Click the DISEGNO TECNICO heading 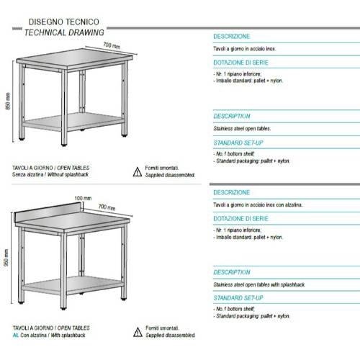pyautogui.click(x=64, y=22)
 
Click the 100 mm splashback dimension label pyautogui.click(x=83, y=198)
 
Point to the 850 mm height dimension pyautogui.click(x=8, y=101)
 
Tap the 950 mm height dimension pyautogui.click(x=6, y=258)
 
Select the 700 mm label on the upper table pyautogui.click(x=112, y=45)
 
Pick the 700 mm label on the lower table pyautogui.click(x=107, y=207)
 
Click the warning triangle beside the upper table pyautogui.click(x=138, y=172)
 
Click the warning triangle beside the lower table pyautogui.click(x=138, y=332)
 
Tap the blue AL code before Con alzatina pyautogui.click(x=15, y=335)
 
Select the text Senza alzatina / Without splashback pyautogui.click(x=50, y=174)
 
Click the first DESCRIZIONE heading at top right pyautogui.click(x=232, y=37)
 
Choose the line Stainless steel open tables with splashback pyautogui.click(x=259, y=284)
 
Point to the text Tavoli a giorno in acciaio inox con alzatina pyautogui.click(x=258, y=204)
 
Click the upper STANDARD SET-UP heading pyautogui.click(x=238, y=143)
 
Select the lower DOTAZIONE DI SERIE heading pyautogui.click(x=240, y=219)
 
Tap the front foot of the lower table pyautogui.click(x=63, y=308)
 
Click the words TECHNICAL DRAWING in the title pyautogui.click(x=64, y=32)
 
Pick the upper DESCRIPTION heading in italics pyautogui.click(x=232, y=117)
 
